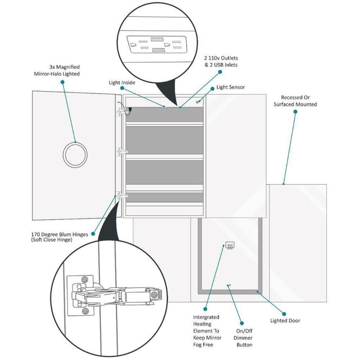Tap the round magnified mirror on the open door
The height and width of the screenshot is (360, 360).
click(75, 153)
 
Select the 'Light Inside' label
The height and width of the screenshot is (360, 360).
click(122, 82)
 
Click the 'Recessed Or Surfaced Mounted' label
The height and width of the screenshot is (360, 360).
click(298, 100)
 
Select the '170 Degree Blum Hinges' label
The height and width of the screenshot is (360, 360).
click(60, 237)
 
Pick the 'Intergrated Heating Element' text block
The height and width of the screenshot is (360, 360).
click(206, 331)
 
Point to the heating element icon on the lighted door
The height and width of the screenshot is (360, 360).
click(231, 246)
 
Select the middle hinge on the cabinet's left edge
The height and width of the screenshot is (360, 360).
click(122, 152)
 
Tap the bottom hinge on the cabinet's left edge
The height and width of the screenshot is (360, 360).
click(122, 196)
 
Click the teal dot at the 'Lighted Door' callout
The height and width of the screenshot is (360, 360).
click(283, 313)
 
